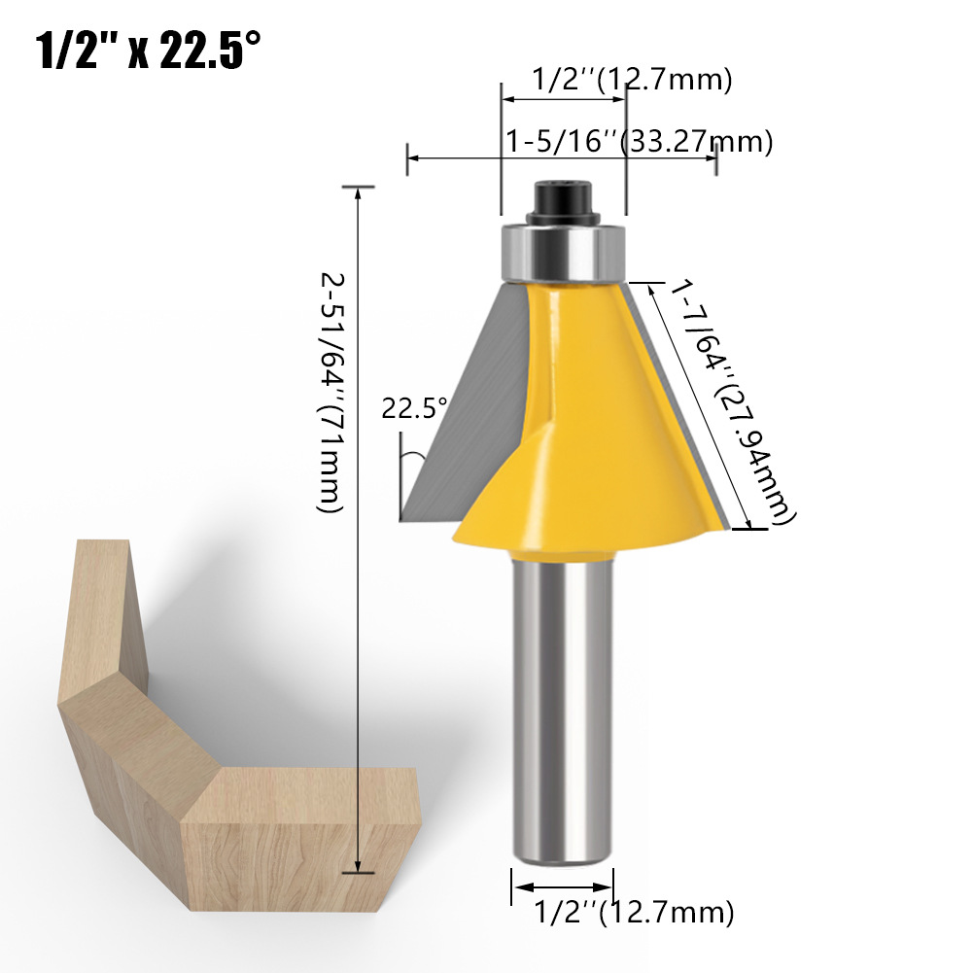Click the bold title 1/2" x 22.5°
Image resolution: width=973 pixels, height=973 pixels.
(x=149, y=51)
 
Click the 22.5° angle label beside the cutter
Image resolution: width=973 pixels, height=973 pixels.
(x=414, y=407)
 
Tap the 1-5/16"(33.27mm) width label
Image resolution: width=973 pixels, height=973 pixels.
(x=640, y=142)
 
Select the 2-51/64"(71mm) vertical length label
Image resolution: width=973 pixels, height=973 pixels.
(x=330, y=394)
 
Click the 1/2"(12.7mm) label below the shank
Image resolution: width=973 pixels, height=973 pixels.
(x=634, y=912)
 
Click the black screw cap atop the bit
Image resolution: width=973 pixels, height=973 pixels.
(x=563, y=201)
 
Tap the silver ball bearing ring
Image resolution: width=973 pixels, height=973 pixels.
(x=563, y=254)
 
